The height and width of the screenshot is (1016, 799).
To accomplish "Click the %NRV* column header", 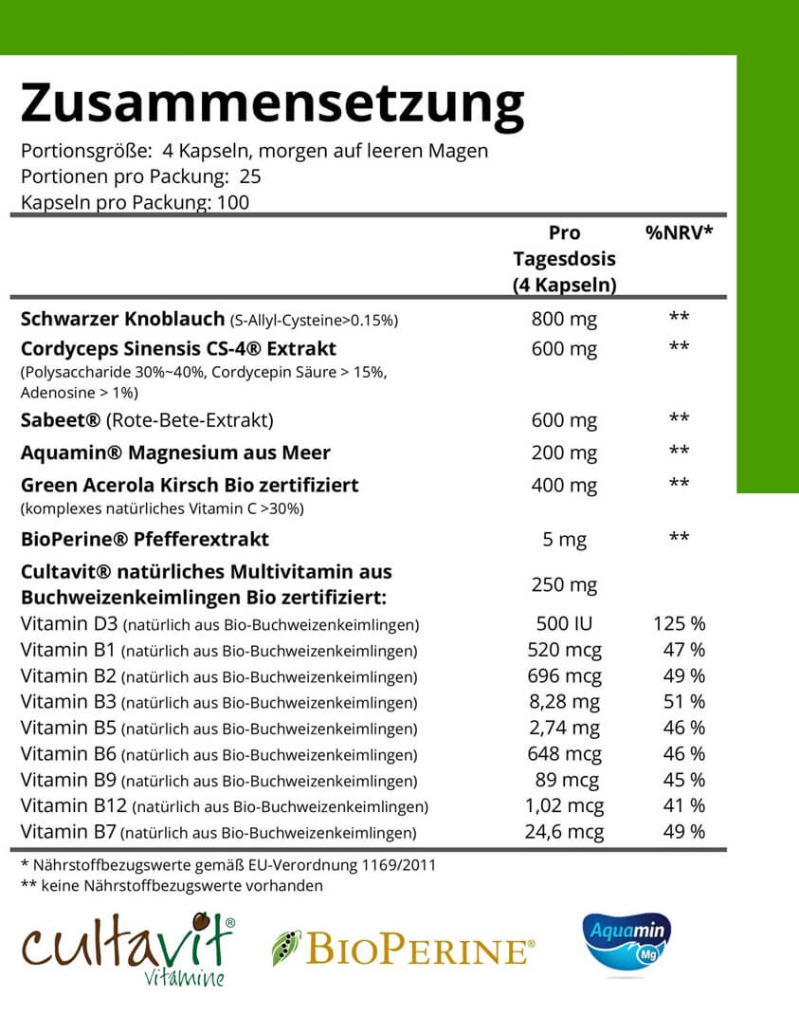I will (678, 233).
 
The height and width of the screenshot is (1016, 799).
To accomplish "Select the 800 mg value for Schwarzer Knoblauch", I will (564, 319).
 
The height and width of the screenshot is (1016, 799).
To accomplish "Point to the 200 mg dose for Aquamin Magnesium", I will (564, 453).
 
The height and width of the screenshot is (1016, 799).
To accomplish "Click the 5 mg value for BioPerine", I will (564, 540).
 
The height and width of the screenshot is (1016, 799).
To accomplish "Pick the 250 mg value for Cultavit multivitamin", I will (564, 585).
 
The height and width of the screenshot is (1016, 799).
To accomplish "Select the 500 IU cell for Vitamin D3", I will (564, 625).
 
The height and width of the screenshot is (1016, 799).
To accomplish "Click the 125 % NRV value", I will (679, 625).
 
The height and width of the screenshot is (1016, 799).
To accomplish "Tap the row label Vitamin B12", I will (74, 806).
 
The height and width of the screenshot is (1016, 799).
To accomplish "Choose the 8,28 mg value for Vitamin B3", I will (564, 702).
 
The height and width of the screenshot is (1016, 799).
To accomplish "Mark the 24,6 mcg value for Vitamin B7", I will (564, 832).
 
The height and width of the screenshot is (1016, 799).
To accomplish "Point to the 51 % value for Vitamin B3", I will (683, 702).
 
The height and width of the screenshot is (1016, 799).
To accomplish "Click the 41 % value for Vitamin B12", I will (683, 806).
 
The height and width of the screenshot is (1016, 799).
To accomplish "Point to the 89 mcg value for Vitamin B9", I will (566, 780).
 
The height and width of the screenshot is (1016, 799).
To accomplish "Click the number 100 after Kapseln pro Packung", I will (233, 202).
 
